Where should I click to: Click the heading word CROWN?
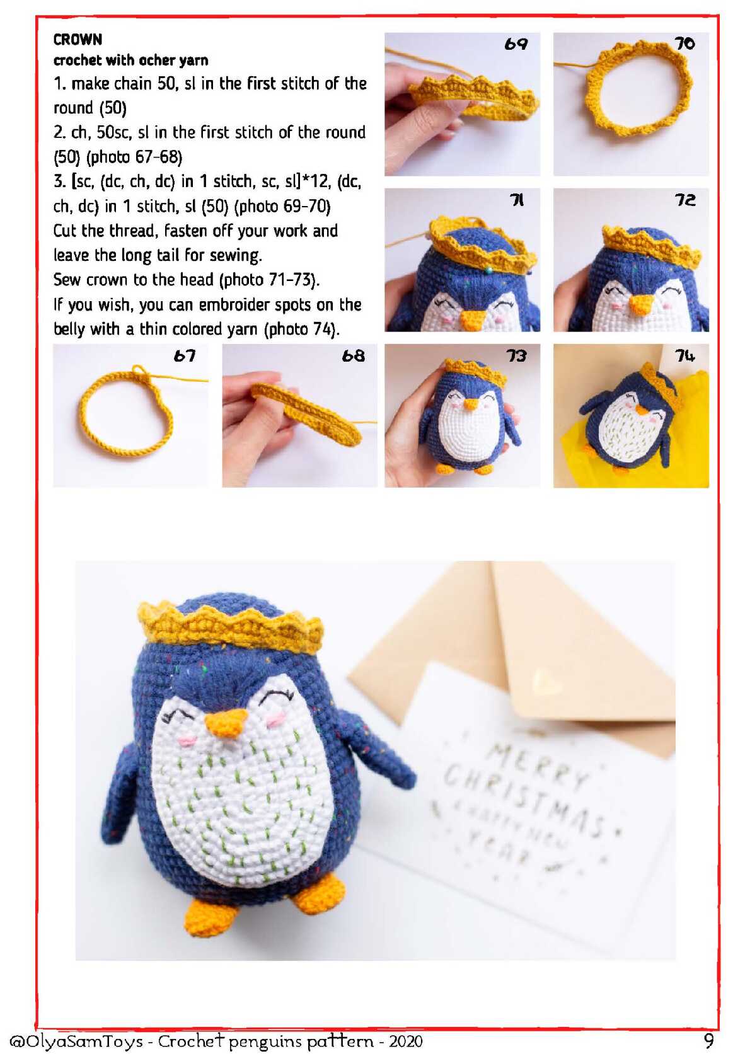[x=78, y=39]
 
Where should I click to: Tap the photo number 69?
[x=516, y=44]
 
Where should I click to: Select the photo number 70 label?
[x=684, y=43]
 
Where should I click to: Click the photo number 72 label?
[x=685, y=200]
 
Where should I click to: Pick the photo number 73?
[x=516, y=356]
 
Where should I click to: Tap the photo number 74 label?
[x=685, y=355]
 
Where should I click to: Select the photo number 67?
[x=184, y=356]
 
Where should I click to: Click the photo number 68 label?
[x=354, y=356]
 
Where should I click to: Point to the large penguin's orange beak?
[x=226, y=723]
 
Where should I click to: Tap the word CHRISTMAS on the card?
[x=524, y=796]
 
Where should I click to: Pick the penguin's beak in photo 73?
[x=470, y=404]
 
